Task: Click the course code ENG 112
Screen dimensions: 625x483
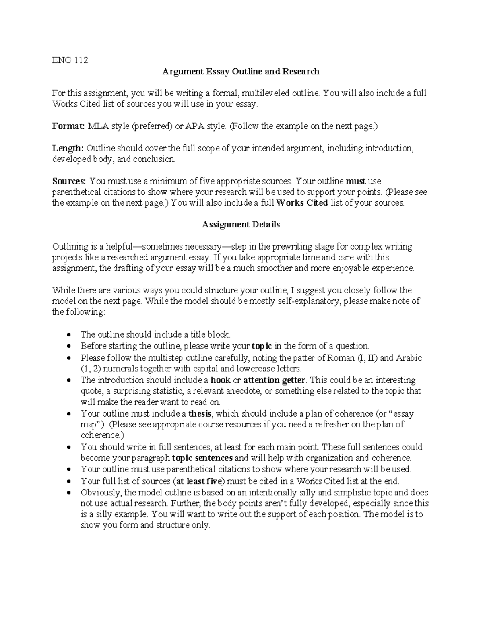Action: (x=70, y=60)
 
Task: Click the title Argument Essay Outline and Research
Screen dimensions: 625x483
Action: (x=241, y=72)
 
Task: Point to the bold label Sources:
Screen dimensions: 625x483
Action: (x=69, y=181)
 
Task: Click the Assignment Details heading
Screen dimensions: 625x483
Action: (x=241, y=225)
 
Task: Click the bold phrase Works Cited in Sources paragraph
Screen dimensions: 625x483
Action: (x=302, y=203)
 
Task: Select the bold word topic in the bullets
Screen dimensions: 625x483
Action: (x=262, y=346)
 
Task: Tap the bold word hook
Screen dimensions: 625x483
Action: (x=221, y=380)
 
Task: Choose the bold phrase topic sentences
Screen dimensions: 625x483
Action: (x=202, y=458)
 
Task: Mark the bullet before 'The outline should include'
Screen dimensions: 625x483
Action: (x=70, y=335)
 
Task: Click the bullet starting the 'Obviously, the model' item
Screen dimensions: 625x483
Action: (x=70, y=493)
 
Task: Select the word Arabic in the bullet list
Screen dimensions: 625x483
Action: (x=409, y=358)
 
